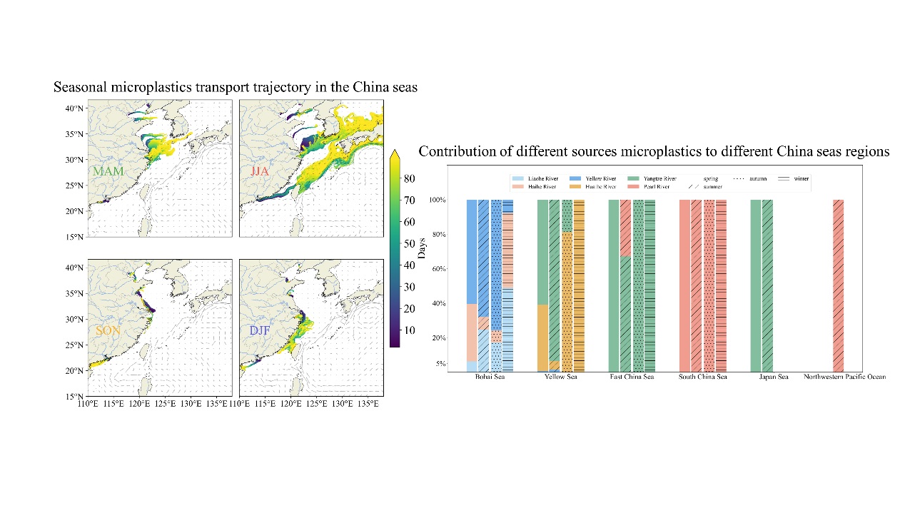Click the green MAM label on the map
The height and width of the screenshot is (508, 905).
pos(108,172)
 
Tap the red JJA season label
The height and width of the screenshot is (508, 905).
pos(261,172)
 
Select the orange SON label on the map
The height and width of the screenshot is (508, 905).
pos(108,331)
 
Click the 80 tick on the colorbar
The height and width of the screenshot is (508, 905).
pos(410,178)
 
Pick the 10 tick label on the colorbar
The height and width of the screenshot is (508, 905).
pos(410,330)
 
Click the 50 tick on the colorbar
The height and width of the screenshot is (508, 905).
pos(410,243)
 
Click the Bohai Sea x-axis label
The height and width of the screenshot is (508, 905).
pos(490,377)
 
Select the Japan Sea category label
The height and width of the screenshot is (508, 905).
pos(774,377)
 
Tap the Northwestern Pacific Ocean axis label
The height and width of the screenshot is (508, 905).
pos(844,377)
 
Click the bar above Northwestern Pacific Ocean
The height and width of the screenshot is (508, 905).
pos(839,285)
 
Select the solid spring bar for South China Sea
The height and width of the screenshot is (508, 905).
pos(684,285)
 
